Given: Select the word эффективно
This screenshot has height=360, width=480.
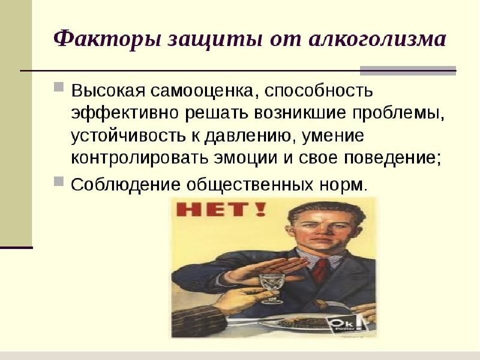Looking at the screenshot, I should tap(124, 113).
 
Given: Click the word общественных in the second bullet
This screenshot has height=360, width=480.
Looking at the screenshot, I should tap(242, 184).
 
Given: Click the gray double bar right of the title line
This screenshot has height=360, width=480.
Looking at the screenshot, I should tap(408, 70).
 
